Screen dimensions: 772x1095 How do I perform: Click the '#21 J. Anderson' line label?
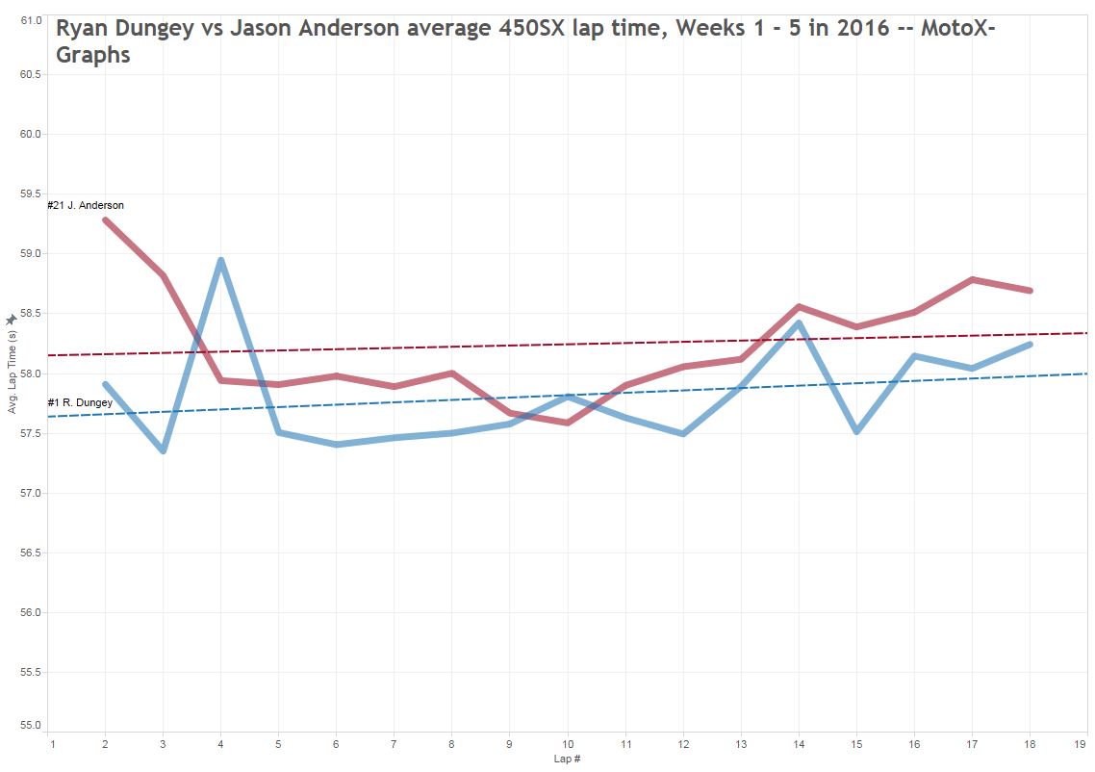click(x=86, y=205)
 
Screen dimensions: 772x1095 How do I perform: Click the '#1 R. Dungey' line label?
click(x=80, y=402)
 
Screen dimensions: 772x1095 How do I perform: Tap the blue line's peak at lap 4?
click(x=220, y=260)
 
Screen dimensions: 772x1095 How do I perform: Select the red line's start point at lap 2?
click(x=105, y=220)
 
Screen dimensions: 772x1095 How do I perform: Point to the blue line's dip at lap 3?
click(x=163, y=450)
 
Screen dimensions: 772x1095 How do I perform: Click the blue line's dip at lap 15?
click(x=856, y=431)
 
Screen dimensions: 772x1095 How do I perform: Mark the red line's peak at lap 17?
click(x=972, y=279)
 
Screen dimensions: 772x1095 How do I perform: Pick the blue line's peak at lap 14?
click(x=799, y=323)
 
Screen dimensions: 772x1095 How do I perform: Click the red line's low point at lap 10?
click(x=568, y=423)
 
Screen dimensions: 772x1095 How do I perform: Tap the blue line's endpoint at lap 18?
click(x=1030, y=344)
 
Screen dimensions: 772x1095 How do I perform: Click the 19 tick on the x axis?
click(x=1086, y=743)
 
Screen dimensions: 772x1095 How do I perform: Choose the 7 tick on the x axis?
click(x=394, y=743)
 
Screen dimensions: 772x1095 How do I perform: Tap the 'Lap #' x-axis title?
click(x=568, y=759)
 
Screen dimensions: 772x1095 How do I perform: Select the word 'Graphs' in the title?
click(x=93, y=55)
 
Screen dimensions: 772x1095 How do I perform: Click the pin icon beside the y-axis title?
click(x=12, y=319)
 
